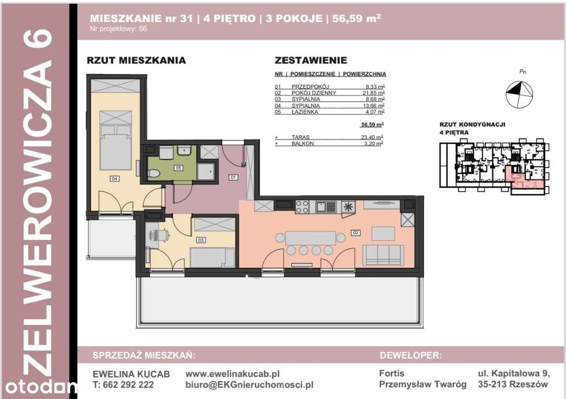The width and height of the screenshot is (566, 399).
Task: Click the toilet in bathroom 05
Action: (154, 174)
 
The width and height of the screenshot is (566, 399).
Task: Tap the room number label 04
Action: (114, 179)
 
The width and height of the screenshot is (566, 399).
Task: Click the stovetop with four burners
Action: (302, 207)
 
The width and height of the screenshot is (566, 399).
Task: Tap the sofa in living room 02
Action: (382, 255)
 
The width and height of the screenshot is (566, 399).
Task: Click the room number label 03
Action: (201, 240)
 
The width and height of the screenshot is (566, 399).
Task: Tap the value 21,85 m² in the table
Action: (374, 93)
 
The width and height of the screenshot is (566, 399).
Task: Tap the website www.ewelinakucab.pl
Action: (232, 374)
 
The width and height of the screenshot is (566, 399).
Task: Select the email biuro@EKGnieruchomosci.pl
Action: (249, 385)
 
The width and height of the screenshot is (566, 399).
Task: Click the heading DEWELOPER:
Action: (410, 355)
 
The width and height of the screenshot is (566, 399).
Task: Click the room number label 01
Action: (233, 178)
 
